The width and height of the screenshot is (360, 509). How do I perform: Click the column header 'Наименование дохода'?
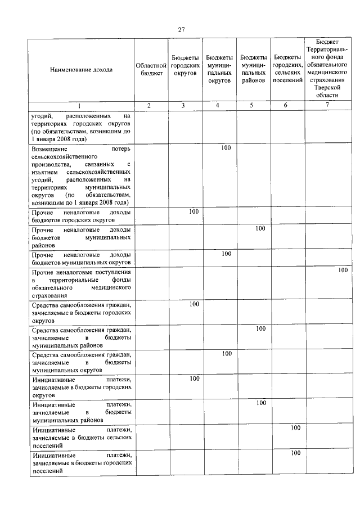point(81,70)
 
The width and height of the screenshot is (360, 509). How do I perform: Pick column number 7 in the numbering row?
point(327,106)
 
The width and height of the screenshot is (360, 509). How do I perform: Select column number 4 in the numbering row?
point(219,106)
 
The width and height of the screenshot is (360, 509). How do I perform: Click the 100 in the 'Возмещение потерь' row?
point(226,148)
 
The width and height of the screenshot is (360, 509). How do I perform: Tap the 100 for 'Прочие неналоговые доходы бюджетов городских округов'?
point(194,211)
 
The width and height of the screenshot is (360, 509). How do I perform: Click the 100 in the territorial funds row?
point(343,271)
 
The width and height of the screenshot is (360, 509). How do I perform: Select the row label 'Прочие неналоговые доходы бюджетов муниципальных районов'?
point(82,237)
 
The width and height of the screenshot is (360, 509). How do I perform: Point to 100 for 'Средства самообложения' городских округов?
point(194,304)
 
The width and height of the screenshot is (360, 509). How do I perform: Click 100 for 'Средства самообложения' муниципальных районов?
point(260,329)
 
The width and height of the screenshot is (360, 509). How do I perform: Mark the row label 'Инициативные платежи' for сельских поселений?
point(82,437)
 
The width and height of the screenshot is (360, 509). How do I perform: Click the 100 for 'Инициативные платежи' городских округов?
point(194,379)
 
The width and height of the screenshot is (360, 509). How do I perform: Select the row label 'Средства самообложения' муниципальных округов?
point(82,362)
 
